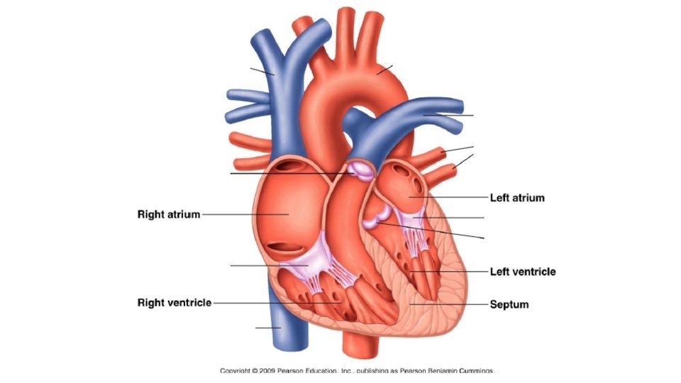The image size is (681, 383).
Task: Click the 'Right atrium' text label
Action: [169, 213]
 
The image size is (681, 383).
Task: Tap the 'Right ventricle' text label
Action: [174, 303]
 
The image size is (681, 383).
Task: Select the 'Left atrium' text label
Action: [517, 197]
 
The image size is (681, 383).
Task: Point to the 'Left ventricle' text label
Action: [523, 272]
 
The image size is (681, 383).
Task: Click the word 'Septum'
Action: [509, 305]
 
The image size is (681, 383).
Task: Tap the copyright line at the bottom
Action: [357, 370]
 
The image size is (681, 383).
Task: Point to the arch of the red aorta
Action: [355, 85]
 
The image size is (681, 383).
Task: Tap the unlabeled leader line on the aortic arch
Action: [384, 69]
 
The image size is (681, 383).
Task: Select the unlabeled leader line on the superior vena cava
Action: [262, 71]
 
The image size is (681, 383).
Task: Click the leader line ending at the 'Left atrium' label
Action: [454, 197]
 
